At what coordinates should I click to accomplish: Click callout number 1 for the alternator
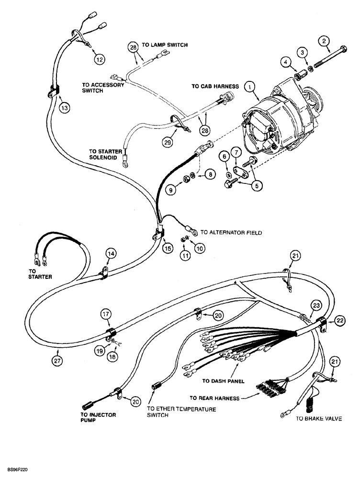248,87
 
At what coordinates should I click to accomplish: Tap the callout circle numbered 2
326,41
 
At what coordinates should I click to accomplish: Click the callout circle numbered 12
99,60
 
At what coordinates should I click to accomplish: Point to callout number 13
64,108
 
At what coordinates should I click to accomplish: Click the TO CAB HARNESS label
215,86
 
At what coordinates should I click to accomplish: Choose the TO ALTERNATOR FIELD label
231,232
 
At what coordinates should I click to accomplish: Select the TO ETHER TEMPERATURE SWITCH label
181,412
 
